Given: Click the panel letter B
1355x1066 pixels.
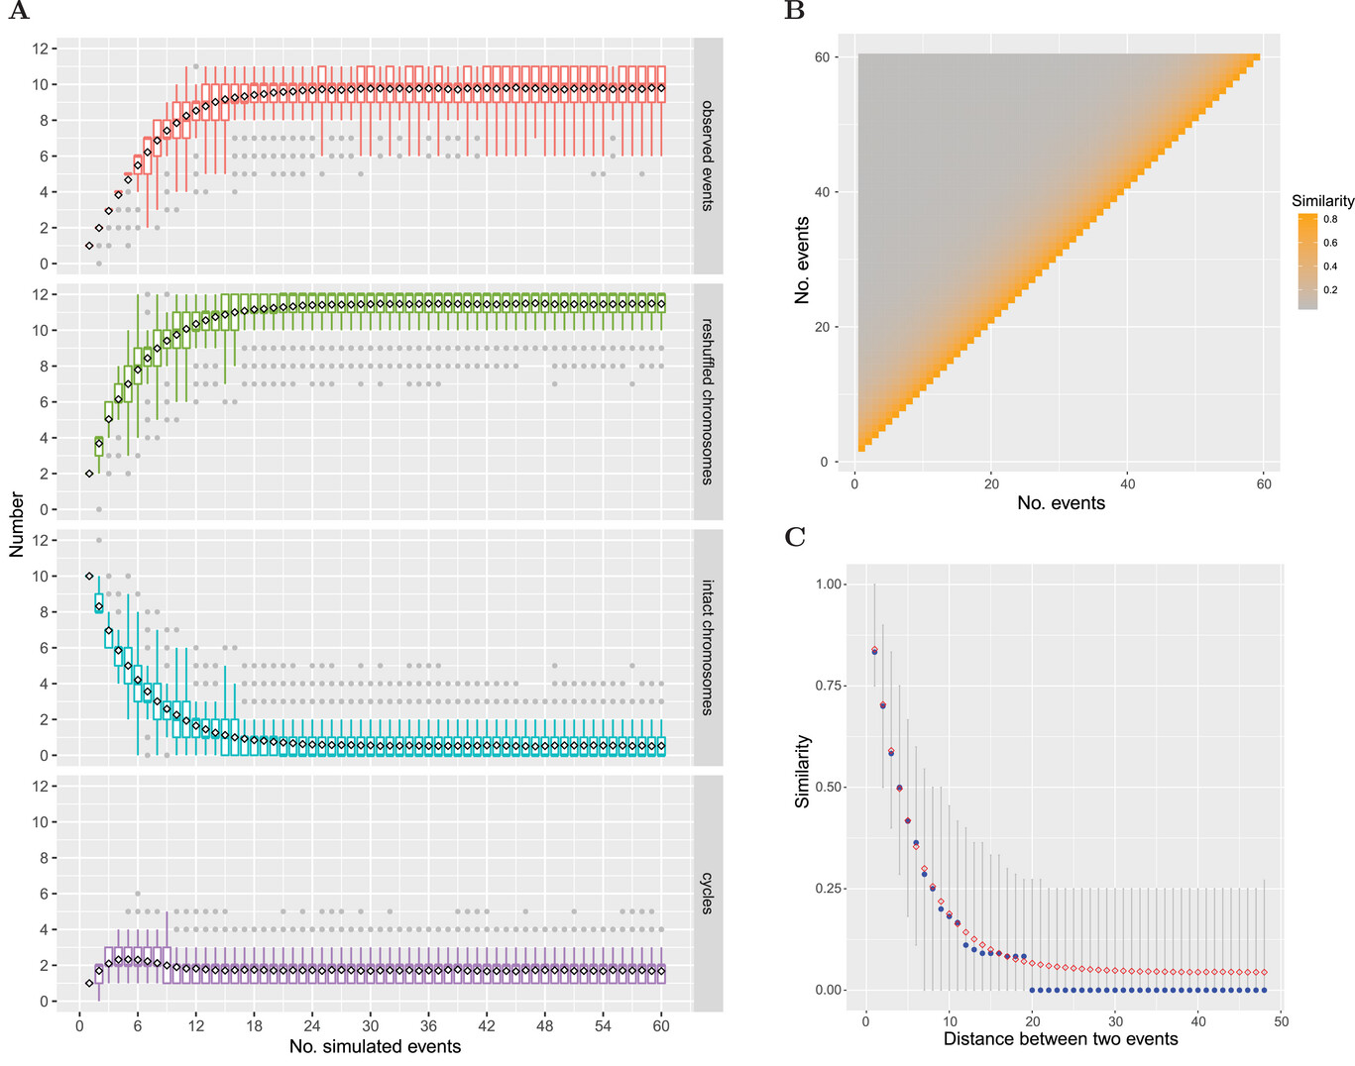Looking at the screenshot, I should coord(794,11).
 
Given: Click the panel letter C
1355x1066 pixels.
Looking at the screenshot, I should coord(795,537).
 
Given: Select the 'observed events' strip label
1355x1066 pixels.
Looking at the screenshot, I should coord(708,156).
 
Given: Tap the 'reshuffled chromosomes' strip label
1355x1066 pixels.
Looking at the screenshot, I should coord(708,401).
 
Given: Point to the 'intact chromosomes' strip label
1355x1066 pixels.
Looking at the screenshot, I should coord(708,647).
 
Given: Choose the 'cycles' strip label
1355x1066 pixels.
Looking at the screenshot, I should coord(708,893).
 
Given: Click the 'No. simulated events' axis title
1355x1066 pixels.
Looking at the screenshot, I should coord(375,1046).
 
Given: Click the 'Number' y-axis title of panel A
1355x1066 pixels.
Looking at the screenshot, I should coord(17,524).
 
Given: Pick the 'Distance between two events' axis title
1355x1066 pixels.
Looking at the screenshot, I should coord(1061,1039).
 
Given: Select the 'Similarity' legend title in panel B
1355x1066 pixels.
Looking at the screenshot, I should coord(1322,200).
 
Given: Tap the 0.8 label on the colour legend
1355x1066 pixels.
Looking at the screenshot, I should coord(1330,219).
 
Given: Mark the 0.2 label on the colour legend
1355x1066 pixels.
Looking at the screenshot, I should coord(1330,290).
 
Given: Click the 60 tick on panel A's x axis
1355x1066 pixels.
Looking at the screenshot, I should coord(661,1025).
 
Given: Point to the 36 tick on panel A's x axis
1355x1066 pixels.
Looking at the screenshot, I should coord(428,1025).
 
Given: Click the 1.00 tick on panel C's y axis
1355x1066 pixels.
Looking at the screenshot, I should coord(829,585).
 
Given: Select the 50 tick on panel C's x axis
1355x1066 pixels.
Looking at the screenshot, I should coord(1282,1021).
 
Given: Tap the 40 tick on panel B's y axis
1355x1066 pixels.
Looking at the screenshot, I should coord(823,192).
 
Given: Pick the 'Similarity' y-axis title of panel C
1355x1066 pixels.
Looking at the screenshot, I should coord(803,772).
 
